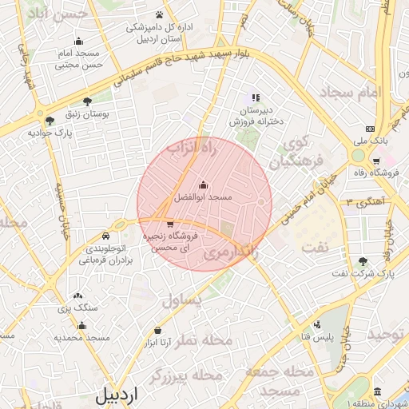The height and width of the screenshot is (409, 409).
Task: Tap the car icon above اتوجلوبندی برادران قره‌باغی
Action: pos(106,237)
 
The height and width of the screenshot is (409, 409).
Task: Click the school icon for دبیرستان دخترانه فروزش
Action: pos(256,97)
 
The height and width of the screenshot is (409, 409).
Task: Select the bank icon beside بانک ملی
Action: pos(370,129)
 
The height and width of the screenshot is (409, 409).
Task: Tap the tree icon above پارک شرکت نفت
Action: pos(364,261)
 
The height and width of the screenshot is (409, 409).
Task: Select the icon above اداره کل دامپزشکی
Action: pos(160,14)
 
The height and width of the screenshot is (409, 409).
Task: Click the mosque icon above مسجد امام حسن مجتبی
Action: pos(77,41)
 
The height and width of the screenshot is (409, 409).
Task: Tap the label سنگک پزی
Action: pos(77,307)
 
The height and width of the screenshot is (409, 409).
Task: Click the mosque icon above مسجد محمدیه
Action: pos(81,325)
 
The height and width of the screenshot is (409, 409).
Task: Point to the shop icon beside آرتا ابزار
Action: pos(157,331)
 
